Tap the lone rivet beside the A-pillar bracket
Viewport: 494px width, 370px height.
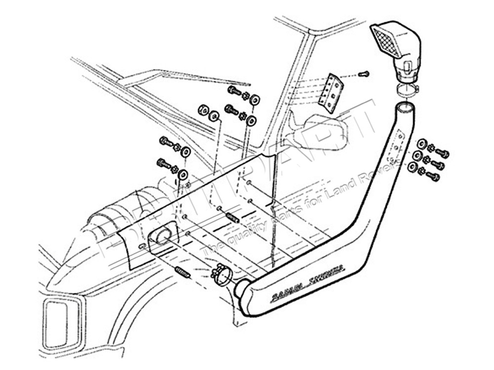click(x=365, y=74)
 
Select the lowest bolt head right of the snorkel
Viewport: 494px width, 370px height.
click(x=434, y=176)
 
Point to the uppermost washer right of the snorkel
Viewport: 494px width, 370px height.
click(x=422, y=144)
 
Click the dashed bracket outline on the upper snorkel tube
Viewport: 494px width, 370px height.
click(x=395, y=148)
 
